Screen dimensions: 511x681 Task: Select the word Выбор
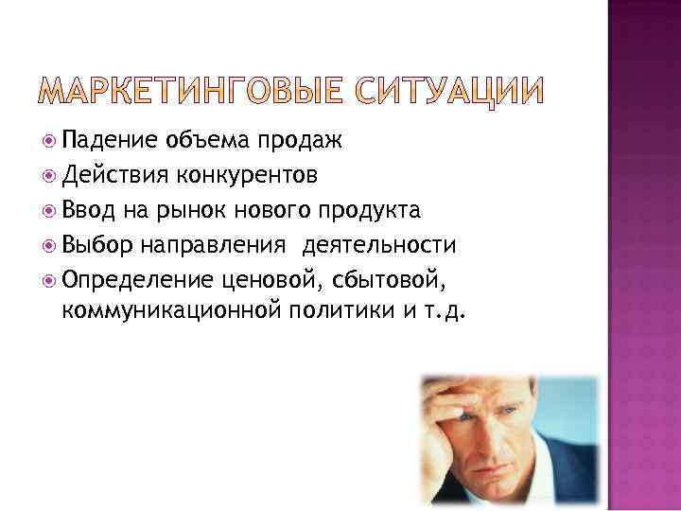[x=100, y=245]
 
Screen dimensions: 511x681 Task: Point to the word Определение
[x=138, y=279]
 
